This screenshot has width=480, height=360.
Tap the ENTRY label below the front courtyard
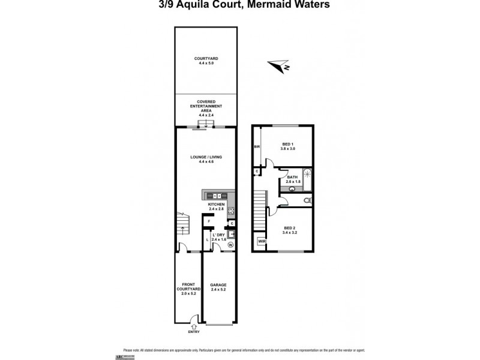coord(193,331)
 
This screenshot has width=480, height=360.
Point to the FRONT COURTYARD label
coord(187,289)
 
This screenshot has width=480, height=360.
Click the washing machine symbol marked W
coord(230,245)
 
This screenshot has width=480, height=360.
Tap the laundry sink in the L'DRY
coord(231,234)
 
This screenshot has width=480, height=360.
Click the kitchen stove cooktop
coord(231,211)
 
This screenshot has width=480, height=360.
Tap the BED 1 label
coord(287,146)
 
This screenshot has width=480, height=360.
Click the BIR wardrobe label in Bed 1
coord(257,146)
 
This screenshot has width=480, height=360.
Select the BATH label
coord(292,179)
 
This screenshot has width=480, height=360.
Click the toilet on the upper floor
coord(307,199)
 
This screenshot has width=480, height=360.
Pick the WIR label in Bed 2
coord(261,242)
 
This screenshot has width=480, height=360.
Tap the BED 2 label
coord(290,230)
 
